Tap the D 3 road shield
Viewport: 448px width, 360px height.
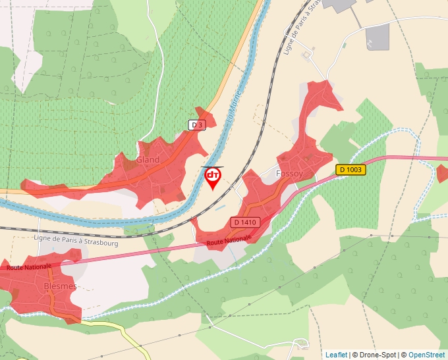[x=196, y=125]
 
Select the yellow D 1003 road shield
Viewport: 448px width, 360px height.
[x=350, y=170]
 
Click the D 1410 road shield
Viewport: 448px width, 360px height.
[x=244, y=223]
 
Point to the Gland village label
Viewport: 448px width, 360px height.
[x=148, y=160]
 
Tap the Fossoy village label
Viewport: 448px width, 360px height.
[x=289, y=174]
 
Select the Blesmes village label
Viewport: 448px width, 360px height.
[x=61, y=286]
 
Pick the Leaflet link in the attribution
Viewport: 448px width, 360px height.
[x=336, y=355]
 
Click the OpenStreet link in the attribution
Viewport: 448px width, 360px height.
[x=426, y=355]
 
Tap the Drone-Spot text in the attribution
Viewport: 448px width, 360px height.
[x=379, y=355]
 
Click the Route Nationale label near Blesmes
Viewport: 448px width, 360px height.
[x=28, y=267]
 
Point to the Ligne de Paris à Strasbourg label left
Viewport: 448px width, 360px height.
[x=76, y=242]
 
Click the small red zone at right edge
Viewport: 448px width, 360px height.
[x=442, y=174]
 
